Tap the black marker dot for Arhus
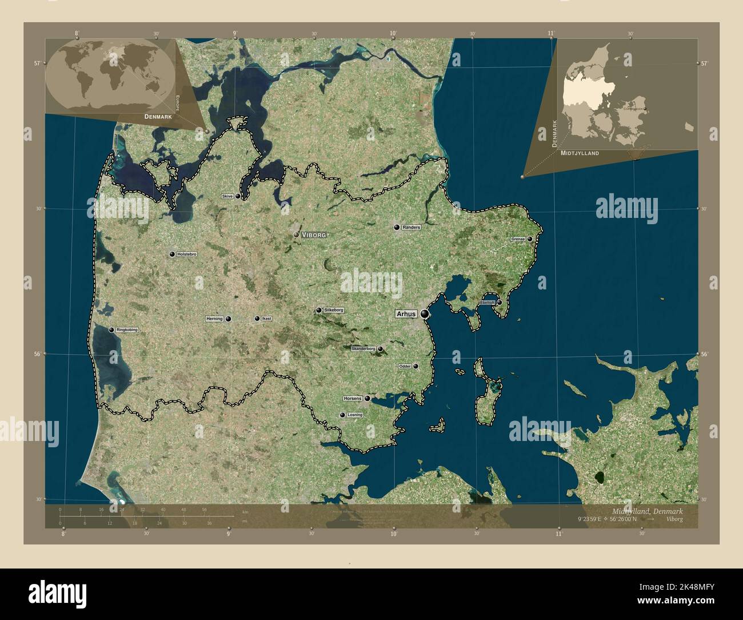(425, 313)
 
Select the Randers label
(412, 227)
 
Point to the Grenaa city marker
(530, 239)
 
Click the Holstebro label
(187, 254)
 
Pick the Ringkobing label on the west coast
(126, 330)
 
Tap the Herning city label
(214, 319)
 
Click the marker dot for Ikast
(257, 319)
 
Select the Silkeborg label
(334, 310)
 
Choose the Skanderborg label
(363, 348)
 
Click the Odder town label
(405, 366)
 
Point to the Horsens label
(353, 398)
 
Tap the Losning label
(355, 415)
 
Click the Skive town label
(227, 196)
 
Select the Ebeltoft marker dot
(499, 302)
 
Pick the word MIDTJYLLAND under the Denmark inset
(580, 153)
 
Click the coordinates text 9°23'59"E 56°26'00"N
(607, 519)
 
